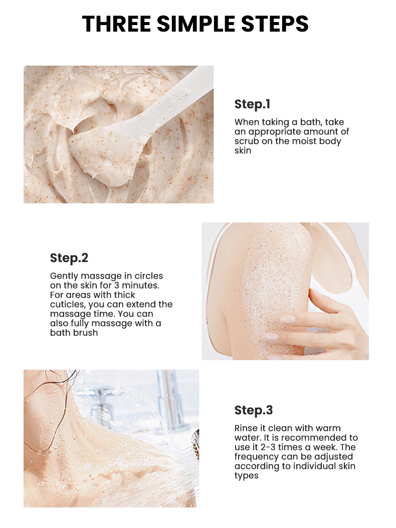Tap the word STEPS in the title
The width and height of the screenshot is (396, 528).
[276, 24]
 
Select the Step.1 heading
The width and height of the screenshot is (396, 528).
[252, 104]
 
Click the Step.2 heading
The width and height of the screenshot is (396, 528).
[69, 258]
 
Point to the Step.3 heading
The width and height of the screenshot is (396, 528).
[254, 410]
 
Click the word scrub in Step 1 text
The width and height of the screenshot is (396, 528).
[246, 141]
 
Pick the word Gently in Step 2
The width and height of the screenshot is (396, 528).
[63, 276]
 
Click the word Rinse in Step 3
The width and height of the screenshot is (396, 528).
[246, 428]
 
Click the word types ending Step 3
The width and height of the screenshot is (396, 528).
[246, 476]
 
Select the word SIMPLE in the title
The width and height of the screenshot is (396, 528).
[195, 24]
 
